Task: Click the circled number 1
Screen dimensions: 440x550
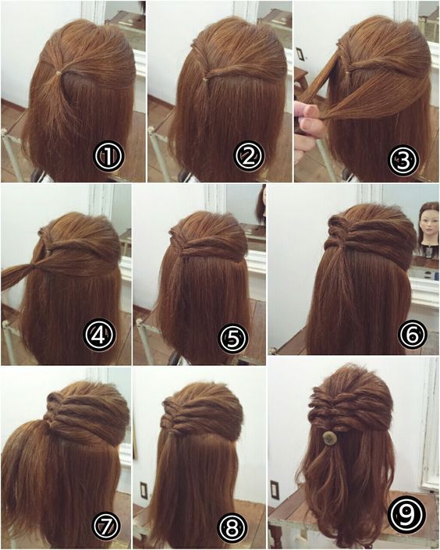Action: (108, 157)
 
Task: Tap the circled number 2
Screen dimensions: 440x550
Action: (249, 157)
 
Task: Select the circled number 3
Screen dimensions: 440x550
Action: (403, 160)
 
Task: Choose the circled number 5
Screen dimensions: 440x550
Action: (234, 338)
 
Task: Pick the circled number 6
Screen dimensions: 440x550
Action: (413, 334)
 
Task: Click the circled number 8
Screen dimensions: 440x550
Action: (232, 528)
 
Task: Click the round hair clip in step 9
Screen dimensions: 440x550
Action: (329, 438)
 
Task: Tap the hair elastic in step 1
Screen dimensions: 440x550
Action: (59, 73)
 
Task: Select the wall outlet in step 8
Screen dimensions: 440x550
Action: (144, 490)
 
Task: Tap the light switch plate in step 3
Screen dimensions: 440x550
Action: (300, 55)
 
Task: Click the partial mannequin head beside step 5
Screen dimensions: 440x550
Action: (261, 204)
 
